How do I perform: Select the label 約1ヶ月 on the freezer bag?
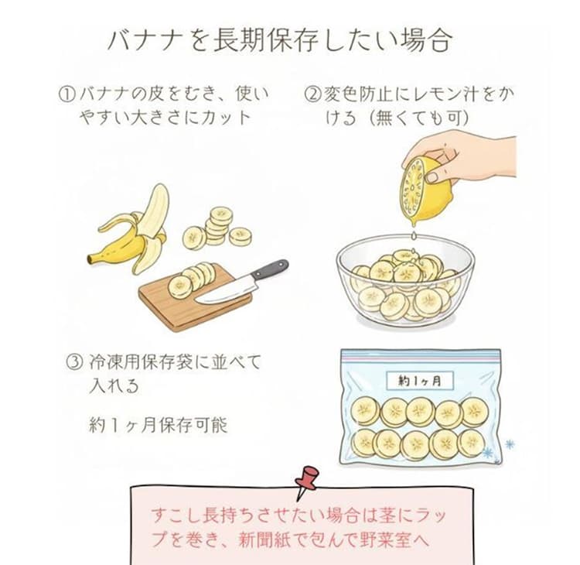[x=419, y=381]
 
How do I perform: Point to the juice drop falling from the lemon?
[x=414, y=235]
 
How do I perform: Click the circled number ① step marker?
[x=67, y=94]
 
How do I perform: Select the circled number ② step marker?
[x=312, y=94]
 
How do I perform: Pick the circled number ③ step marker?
[x=74, y=361]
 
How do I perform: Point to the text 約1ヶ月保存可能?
[x=159, y=425]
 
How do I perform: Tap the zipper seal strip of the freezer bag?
[x=421, y=354]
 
